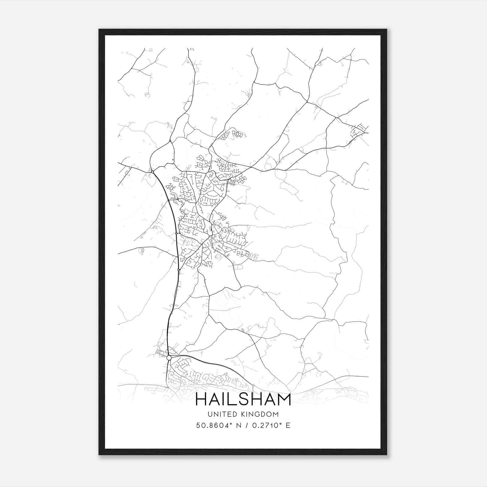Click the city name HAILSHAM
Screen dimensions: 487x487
tap(243, 399)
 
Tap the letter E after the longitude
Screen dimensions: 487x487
tap(288, 425)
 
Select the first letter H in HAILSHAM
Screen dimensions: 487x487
tap(201, 399)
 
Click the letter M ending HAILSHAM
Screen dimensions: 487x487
tap(284, 399)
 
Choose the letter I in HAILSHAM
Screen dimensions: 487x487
tap(225, 399)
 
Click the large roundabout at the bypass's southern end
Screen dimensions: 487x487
tap(169, 358)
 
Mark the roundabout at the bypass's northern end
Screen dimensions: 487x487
tap(152, 172)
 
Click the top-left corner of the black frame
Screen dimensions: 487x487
tap(99, 30)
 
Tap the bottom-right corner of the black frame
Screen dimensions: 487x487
tap(387, 455)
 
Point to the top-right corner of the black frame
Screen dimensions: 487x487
tap(387, 30)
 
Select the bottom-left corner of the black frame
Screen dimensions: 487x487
tap(99, 455)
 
